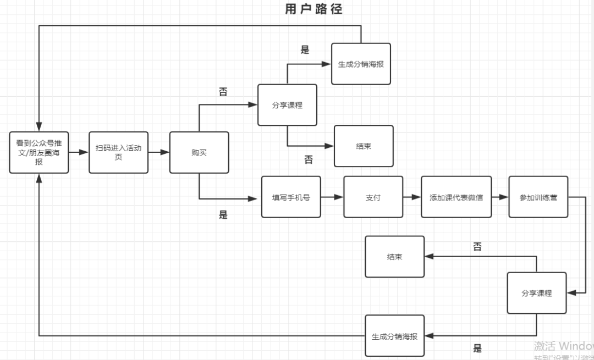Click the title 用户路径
(313, 9)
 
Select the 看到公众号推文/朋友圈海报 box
(39, 153)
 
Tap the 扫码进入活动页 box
(118, 153)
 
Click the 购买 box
(199, 153)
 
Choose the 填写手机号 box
(291, 197)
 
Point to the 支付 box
(373, 197)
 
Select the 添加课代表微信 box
(456, 197)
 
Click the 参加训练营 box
(538, 197)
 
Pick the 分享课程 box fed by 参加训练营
(536, 293)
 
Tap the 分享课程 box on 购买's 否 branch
(287, 105)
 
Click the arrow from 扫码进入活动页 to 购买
(159, 152)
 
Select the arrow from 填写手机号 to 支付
(332, 196)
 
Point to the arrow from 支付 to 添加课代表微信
(412, 196)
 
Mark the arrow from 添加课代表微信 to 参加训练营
(499, 196)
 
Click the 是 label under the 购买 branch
(223, 215)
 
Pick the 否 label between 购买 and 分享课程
(223, 92)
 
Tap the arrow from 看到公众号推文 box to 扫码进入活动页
(79, 152)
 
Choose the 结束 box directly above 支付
(364, 146)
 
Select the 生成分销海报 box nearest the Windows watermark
(394, 336)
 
